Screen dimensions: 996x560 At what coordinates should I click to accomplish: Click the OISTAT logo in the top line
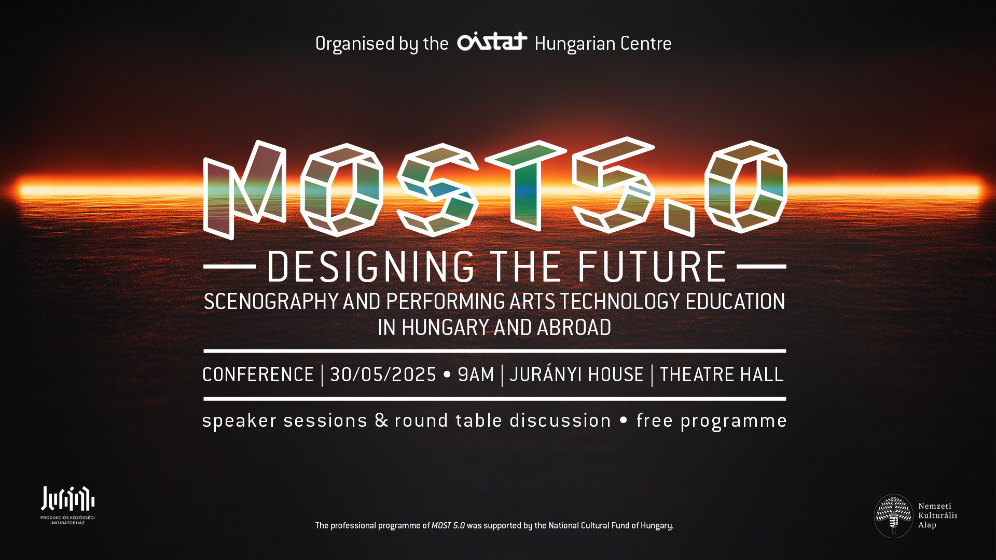pos(492,41)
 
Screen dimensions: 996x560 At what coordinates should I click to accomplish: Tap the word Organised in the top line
pos(355,44)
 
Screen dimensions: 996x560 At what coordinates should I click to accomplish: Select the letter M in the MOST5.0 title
pos(244,190)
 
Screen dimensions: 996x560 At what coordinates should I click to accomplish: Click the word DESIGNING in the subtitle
pos(371,267)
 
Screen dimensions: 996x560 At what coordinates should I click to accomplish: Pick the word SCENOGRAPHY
pos(271,302)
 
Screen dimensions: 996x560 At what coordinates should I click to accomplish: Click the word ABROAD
pos(574,328)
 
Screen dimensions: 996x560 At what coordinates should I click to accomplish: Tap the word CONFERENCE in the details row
pos(258,375)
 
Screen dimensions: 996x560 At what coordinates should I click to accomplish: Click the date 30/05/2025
pos(383,375)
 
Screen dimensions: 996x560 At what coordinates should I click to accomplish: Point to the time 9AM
pos(476,375)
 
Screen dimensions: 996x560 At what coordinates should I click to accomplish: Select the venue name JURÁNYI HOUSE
pos(577,374)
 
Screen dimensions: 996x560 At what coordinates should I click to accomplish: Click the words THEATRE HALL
pos(722,375)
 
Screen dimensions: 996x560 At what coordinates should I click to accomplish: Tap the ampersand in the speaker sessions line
pos(381,420)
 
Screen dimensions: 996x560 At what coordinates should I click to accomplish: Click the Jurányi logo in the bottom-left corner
pos(68,505)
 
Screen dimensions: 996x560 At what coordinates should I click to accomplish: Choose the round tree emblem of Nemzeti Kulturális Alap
pos(893,516)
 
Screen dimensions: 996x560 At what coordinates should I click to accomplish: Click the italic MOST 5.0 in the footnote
pos(448,526)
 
